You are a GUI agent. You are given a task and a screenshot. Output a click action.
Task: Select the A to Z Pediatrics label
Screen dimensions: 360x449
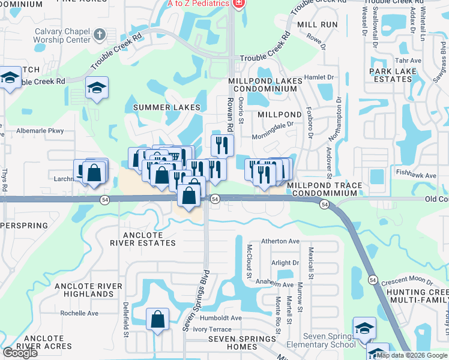(197, 4)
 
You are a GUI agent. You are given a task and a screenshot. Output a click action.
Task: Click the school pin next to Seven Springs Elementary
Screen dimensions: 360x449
(364, 329)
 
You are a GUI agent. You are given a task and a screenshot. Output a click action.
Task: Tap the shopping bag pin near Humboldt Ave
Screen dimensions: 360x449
(157, 321)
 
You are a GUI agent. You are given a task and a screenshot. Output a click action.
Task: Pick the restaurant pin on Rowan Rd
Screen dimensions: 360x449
(222, 145)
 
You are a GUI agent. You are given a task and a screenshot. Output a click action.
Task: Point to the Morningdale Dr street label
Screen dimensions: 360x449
(274, 125)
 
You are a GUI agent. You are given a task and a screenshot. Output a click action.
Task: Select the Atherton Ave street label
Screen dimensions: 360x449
(280, 241)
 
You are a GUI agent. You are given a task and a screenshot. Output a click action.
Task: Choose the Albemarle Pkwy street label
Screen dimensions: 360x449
(40, 131)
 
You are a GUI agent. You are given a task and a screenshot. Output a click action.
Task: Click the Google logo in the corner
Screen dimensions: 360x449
(20, 353)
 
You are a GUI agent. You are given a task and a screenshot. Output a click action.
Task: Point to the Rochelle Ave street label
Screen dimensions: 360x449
(79, 313)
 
